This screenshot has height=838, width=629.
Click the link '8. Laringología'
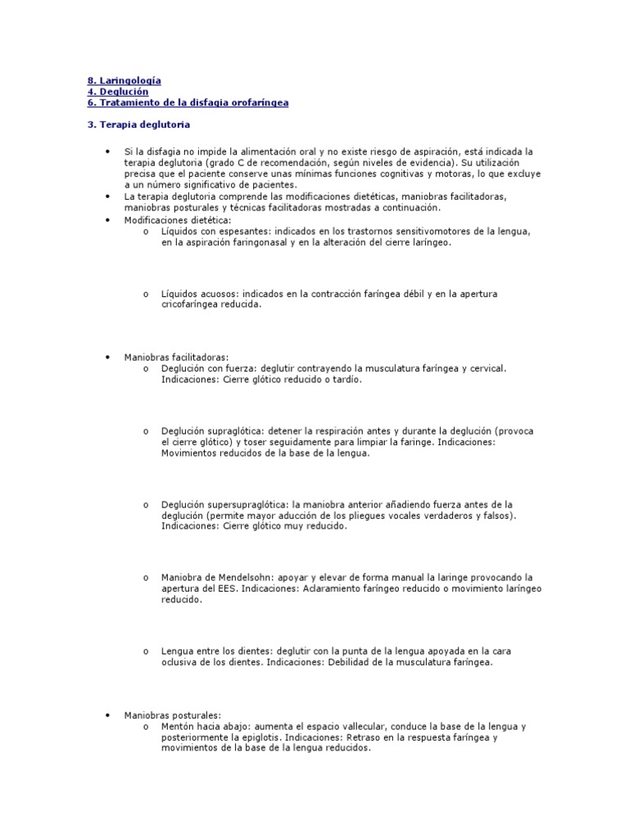tap(124, 80)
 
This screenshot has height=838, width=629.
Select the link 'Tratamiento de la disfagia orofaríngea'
tap(193, 103)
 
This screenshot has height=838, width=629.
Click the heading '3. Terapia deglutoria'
tap(138, 125)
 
